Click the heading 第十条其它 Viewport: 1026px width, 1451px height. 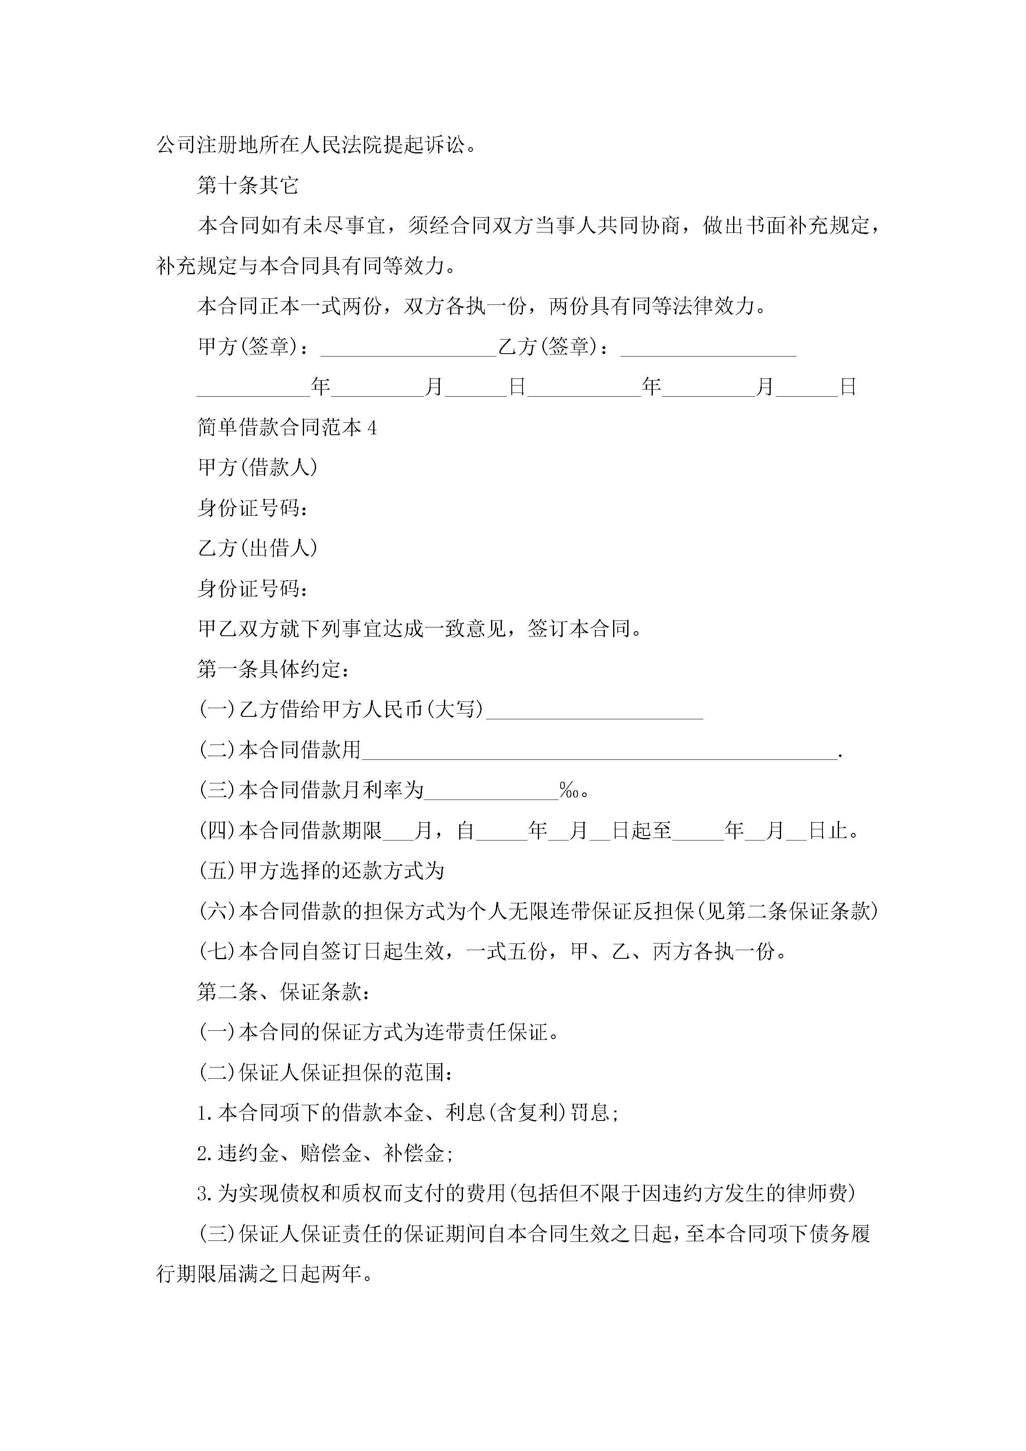point(248,185)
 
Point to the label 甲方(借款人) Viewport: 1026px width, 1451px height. point(257,468)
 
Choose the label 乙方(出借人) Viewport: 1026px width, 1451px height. point(257,548)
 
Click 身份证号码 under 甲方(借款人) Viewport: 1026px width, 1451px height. point(252,508)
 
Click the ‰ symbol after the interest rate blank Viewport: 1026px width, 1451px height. point(568,790)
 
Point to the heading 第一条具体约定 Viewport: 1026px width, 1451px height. point(273,669)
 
